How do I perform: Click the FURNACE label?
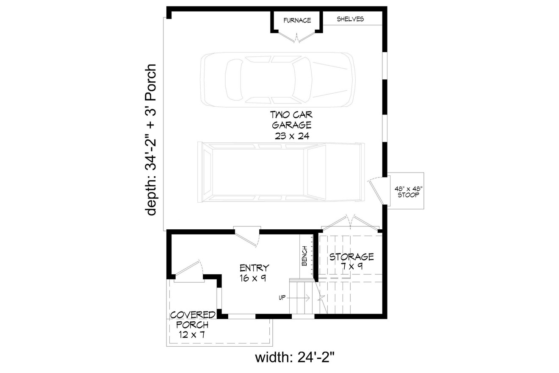point(297,20)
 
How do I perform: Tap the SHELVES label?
point(350,19)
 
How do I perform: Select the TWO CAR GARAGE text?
point(292,120)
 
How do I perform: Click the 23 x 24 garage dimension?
point(292,136)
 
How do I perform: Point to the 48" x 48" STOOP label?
point(406,192)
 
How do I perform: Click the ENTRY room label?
point(254,268)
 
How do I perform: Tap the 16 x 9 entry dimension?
point(254,278)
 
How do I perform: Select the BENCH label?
point(304,256)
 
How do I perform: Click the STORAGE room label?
point(351,257)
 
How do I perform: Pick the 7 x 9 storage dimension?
point(352,267)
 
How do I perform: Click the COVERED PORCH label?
point(193,320)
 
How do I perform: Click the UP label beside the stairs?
point(282,298)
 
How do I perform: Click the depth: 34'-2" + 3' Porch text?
point(151,140)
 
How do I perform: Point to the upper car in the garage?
point(278,79)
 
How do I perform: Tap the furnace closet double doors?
point(297,37)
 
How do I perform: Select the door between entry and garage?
point(249,237)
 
